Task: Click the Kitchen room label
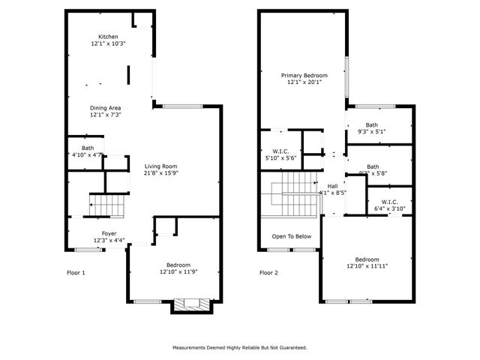tap(108, 37)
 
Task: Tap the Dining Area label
tap(105, 109)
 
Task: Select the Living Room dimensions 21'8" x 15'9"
tap(160, 173)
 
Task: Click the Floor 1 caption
tap(76, 273)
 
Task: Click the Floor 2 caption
tap(268, 273)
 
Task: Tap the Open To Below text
tap(292, 236)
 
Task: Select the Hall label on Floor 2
tap(332, 186)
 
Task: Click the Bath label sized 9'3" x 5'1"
tap(372, 125)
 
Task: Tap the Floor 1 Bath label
tap(88, 148)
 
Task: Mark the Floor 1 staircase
tap(106, 204)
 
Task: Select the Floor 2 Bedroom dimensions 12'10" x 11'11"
tap(367, 265)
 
